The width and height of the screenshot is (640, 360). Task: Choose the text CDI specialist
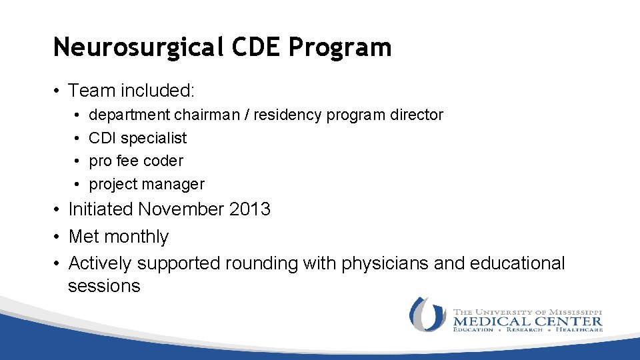[x=138, y=138]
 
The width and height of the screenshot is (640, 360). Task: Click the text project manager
[x=147, y=184]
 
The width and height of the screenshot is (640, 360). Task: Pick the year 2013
[x=250, y=209]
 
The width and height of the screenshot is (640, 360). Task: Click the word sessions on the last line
[x=104, y=286]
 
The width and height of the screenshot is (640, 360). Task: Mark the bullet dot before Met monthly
[x=58, y=237]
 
